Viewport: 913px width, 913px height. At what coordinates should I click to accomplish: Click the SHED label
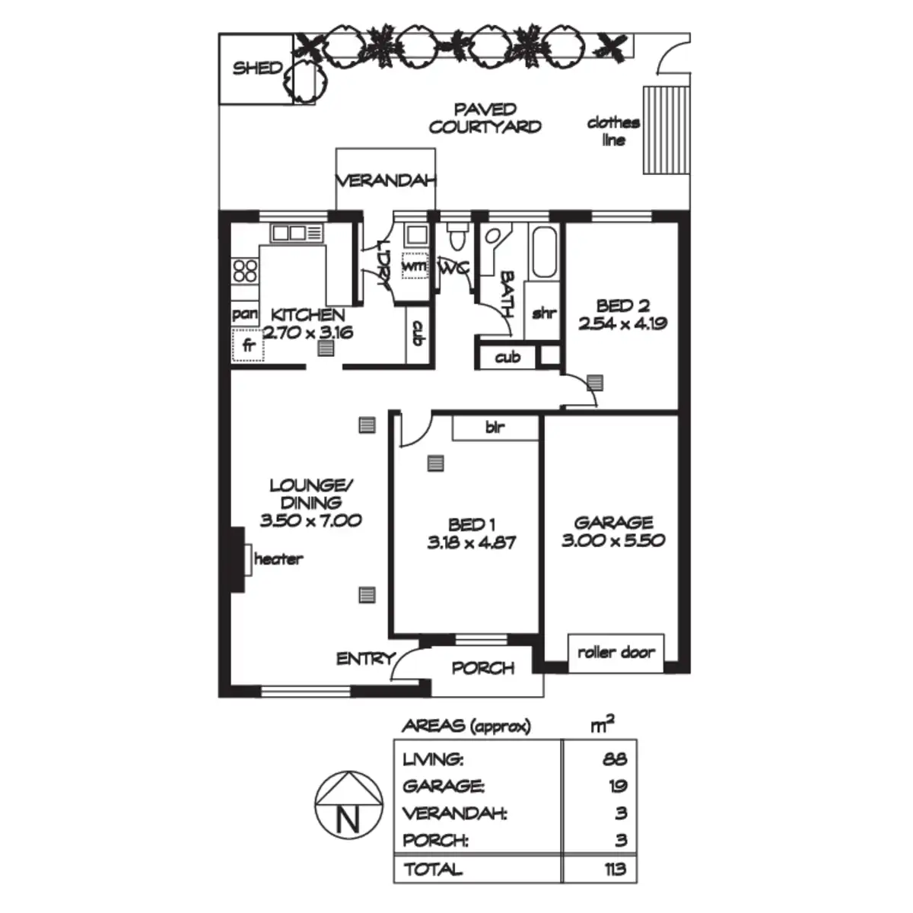tap(257, 68)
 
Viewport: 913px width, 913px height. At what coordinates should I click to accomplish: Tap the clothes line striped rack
tap(666, 130)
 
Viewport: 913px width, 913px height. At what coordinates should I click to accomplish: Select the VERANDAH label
tap(386, 181)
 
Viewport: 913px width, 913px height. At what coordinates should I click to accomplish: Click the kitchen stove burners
tap(245, 271)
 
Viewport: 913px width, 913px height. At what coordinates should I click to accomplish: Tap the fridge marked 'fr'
tap(248, 345)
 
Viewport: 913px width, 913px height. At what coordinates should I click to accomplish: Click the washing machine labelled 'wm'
tap(415, 266)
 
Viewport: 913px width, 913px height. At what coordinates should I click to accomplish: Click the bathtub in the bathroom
tap(544, 252)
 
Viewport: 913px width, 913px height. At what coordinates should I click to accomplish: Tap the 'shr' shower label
tap(544, 313)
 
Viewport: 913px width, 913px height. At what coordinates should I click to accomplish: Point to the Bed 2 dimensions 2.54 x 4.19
tap(622, 323)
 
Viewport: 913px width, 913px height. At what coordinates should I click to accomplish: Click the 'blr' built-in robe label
tap(495, 428)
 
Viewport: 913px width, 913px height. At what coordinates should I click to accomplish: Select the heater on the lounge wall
tap(247, 559)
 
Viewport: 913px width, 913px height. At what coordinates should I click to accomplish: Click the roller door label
tap(616, 652)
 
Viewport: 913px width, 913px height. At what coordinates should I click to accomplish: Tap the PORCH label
tap(483, 668)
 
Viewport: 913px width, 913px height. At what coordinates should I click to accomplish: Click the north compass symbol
tap(348, 805)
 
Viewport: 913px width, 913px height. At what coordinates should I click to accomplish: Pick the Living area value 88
tap(615, 759)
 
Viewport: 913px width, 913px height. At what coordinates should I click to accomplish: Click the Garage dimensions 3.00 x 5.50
tap(613, 540)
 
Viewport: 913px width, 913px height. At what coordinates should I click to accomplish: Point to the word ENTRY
tap(366, 659)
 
